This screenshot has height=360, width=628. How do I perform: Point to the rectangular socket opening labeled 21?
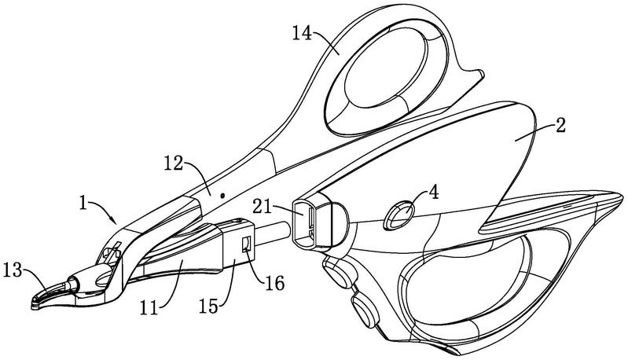pyautogui.click(x=308, y=222)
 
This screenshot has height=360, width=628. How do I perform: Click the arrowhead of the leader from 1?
pyautogui.click(x=119, y=222)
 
